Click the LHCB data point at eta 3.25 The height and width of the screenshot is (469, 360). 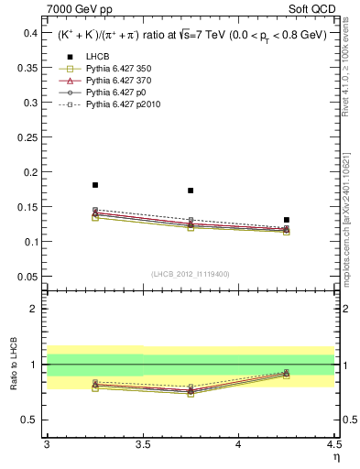(95, 185)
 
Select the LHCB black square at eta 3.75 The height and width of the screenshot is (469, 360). (191, 191)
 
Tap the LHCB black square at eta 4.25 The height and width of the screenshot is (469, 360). (287, 220)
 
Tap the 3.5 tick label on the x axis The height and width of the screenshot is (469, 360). (142, 444)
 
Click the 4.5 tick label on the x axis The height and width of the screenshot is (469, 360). (333, 444)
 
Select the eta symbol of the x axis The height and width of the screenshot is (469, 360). (335, 456)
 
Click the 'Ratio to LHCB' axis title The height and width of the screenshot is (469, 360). (13, 365)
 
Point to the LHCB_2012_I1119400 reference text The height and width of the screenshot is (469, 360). (191, 274)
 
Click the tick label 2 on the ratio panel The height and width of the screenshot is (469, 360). (34, 309)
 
